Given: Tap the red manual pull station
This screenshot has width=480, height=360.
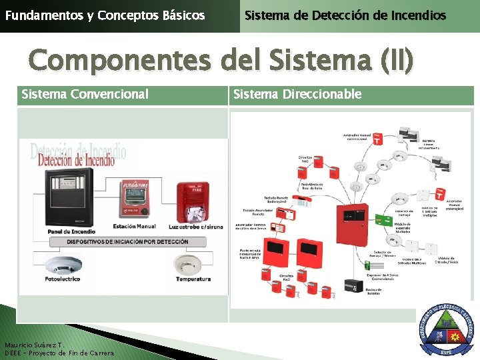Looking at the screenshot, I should tap(135, 199).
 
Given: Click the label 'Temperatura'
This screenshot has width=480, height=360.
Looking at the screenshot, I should tap(193, 279).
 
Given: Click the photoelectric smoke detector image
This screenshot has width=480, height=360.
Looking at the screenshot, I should tap(64, 263).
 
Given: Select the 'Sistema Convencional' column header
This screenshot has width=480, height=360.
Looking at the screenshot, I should tap(85, 95).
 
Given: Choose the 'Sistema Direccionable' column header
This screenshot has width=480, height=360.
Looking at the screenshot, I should tap(297, 95).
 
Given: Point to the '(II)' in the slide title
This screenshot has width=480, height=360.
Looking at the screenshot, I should tap(397, 61).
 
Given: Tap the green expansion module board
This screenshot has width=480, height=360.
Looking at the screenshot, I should tap(383, 220).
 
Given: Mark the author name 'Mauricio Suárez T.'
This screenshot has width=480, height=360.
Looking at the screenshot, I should tap(33, 345).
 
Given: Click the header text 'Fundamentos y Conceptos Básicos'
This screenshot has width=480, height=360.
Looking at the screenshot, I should tap(105, 15).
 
